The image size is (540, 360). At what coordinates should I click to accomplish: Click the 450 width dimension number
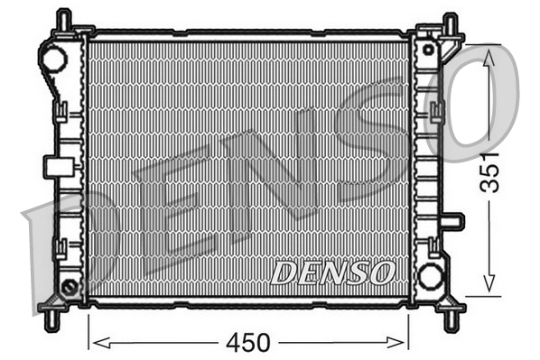[x=248, y=344]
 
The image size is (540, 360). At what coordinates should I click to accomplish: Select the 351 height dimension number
[x=489, y=170]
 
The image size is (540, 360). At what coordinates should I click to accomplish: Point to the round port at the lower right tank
[x=431, y=275]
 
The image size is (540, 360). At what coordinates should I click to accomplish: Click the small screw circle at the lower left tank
[x=69, y=288]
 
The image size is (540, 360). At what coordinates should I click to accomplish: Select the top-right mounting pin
[x=450, y=23]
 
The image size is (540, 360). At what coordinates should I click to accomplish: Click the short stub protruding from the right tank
[x=453, y=221]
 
